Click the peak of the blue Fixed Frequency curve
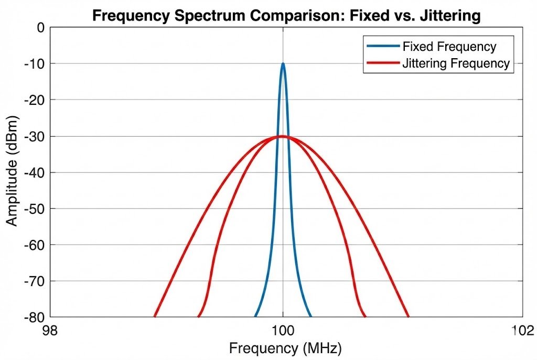pyautogui.click(x=283, y=64)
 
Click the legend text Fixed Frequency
pyautogui.click(x=449, y=47)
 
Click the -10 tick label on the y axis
pyautogui.click(x=35, y=63)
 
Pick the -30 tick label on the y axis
pyautogui.click(x=35, y=136)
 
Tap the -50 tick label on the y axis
pyautogui.click(x=35, y=209)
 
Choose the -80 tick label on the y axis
pyautogui.click(x=35, y=317)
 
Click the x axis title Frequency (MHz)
pyautogui.click(x=285, y=347)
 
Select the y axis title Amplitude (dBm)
pyautogui.click(x=12, y=172)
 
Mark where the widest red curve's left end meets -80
pyautogui.click(x=155, y=317)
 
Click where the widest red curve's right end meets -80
pyautogui.click(x=408, y=317)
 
